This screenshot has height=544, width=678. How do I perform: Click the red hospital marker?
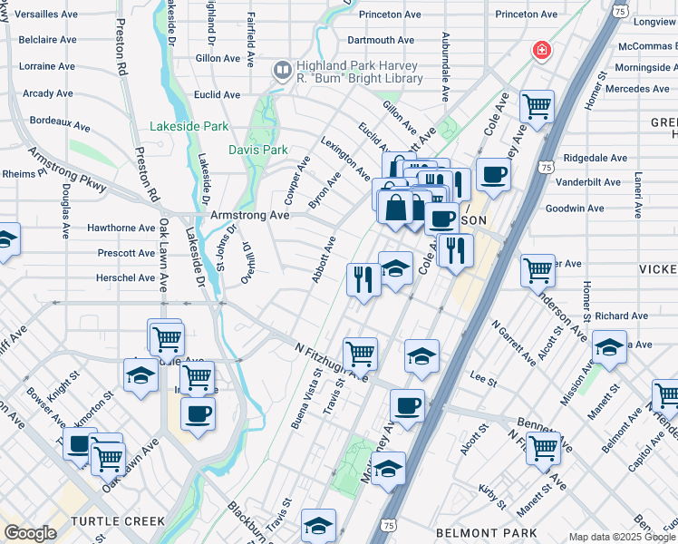(542, 49)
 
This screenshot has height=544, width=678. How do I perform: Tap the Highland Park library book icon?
(283, 69)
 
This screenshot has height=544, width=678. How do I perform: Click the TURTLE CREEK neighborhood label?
(118, 521)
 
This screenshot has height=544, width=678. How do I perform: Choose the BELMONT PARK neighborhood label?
(486, 533)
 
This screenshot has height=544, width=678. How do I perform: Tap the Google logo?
(30, 533)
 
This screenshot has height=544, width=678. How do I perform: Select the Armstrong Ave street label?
(249, 215)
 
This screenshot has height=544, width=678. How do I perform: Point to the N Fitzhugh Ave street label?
(332, 362)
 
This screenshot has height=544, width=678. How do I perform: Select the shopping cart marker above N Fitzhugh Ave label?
(361, 353)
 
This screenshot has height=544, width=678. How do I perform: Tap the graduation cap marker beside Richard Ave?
(608, 347)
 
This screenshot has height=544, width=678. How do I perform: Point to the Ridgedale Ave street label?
(595, 157)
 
